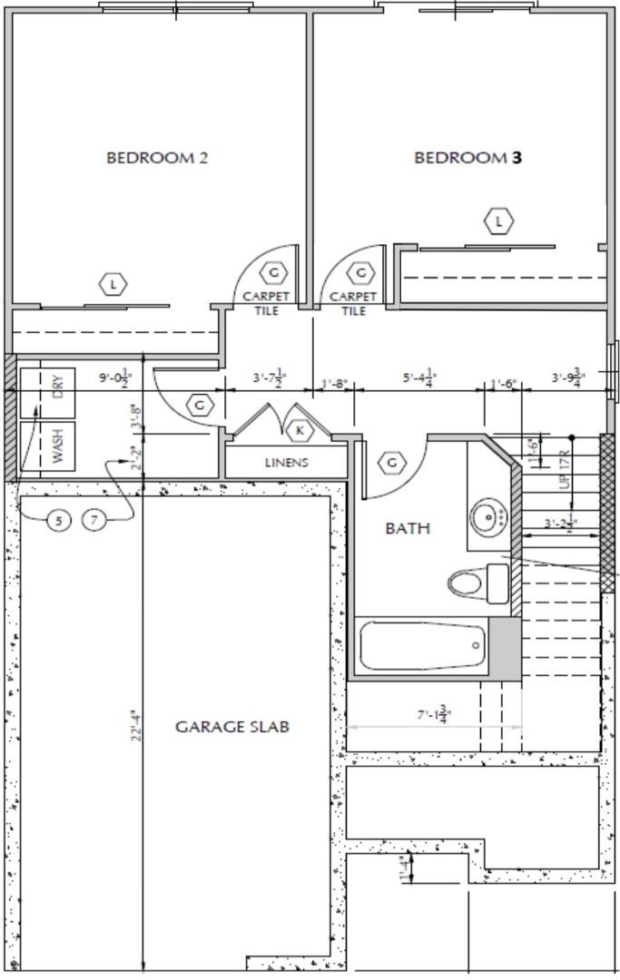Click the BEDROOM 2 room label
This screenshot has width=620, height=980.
pos(157,157)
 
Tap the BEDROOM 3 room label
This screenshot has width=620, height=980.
pos(468,157)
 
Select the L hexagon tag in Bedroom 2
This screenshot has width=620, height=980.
pos(113,285)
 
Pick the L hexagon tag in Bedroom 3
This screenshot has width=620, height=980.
pos(498,220)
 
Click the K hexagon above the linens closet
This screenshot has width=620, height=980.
pos(300,430)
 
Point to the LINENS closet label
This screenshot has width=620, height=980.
pos(286,462)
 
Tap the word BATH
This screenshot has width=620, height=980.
pos(408,527)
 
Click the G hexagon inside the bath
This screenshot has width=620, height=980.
pos(391,462)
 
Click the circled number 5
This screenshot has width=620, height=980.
pos(59,520)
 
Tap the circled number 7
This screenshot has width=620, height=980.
pos(95,520)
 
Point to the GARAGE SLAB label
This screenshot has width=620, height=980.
pos(232,726)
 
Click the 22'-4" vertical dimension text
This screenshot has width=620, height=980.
pos(137,726)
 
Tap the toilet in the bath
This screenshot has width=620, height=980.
pos(477,582)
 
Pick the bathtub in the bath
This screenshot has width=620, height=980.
pos(423,645)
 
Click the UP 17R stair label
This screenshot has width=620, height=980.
pos(565,469)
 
